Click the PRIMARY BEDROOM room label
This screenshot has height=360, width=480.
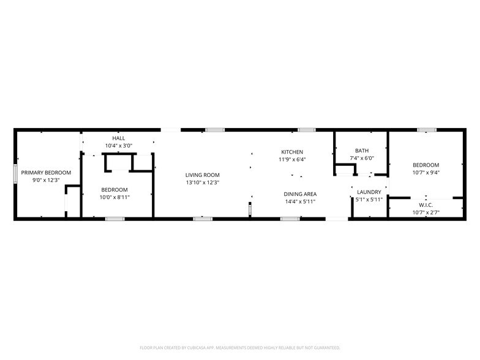pyautogui.click(x=46, y=173)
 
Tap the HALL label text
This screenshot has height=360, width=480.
pyautogui.click(x=118, y=138)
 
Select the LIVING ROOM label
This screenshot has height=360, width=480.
pyautogui.click(x=203, y=175)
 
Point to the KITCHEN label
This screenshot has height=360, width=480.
pyautogui.click(x=292, y=152)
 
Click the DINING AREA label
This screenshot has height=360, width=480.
pyautogui.click(x=300, y=194)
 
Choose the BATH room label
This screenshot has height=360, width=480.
pyautogui.click(x=361, y=151)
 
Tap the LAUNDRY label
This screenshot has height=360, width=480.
pyautogui.click(x=369, y=192)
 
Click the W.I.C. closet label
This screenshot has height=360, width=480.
pyautogui.click(x=426, y=205)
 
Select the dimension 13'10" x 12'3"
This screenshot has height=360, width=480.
pyautogui.click(x=203, y=182)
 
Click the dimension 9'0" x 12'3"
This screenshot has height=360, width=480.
pyautogui.click(x=46, y=180)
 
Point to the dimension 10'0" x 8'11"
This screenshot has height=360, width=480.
pyautogui.click(x=114, y=197)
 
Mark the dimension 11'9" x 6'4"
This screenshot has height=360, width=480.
pyautogui.click(x=292, y=159)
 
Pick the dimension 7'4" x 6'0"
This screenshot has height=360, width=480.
pyautogui.click(x=361, y=158)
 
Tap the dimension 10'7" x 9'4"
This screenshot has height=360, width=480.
pyautogui.click(x=426, y=172)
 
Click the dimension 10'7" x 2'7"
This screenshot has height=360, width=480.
pyautogui.click(x=426, y=212)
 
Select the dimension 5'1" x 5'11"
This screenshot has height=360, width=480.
pyautogui.click(x=369, y=199)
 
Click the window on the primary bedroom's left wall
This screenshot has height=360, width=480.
pyautogui.click(x=15, y=173)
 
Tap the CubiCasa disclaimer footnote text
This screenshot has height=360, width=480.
pyautogui.click(x=240, y=347)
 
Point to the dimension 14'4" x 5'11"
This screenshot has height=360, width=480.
pyautogui.click(x=300, y=201)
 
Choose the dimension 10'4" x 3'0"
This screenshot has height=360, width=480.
pyautogui.click(x=118, y=146)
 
